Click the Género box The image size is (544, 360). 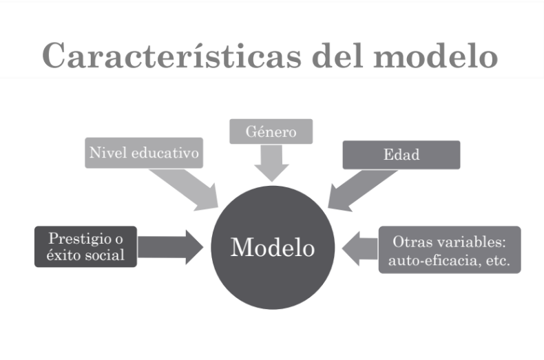[x=271, y=131]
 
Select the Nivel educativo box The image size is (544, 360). [x=145, y=153]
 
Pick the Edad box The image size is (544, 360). [x=401, y=155]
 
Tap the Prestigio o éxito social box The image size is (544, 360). [x=86, y=246]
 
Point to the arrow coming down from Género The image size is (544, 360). [x=271, y=163]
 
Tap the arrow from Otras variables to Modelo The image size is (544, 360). [x=358, y=248]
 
